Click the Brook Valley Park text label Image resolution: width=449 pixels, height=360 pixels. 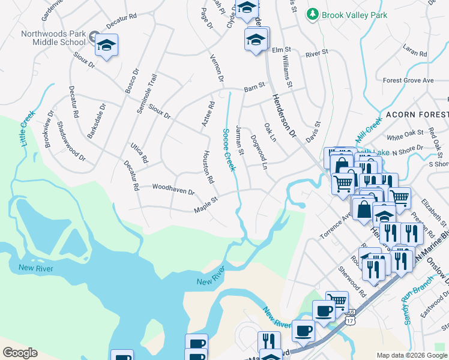355,15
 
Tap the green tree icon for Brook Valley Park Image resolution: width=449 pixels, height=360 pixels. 312,14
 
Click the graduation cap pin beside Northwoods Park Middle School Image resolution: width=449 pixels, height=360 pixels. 106,46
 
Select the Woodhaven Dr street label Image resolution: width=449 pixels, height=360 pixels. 173,190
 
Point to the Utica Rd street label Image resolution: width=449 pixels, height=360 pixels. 139,153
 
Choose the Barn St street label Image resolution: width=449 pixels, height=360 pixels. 254,88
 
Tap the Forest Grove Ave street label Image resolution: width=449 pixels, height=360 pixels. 408,80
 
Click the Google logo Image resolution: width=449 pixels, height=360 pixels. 20,352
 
